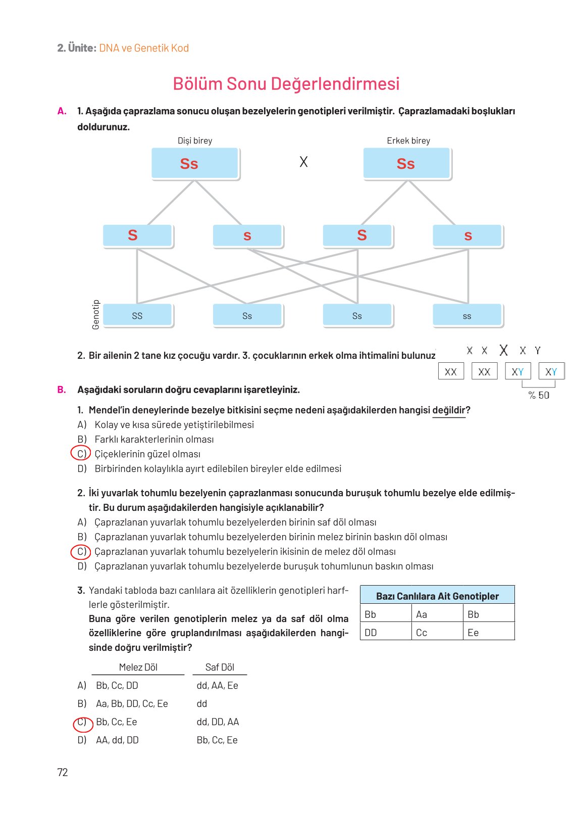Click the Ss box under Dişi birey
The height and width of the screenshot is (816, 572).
point(195,164)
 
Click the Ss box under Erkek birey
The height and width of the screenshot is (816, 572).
point(406,164)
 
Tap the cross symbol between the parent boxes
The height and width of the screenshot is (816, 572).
point(303,162)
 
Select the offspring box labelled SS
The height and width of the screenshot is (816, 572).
point(137,316)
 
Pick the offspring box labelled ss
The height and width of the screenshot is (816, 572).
point(467,316)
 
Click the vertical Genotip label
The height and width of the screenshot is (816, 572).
point(96,315)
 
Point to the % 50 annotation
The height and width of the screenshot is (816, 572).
point(539,395)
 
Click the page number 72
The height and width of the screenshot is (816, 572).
point(63,772)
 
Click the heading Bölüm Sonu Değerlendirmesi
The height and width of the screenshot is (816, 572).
point(286,84)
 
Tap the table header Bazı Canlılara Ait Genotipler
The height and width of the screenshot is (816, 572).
point(437,596)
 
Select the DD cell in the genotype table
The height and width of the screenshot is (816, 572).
point(371,633)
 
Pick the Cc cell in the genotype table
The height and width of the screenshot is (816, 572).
point(422,633)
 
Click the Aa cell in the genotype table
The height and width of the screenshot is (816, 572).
point(422,614)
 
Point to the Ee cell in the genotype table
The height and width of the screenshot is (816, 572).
point(473,633)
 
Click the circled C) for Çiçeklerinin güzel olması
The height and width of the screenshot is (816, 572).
point(81,454)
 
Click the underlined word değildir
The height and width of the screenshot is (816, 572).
point(449,410)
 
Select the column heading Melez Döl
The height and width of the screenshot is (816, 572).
point(138,667)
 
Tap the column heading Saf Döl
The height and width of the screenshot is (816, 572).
point(220,667)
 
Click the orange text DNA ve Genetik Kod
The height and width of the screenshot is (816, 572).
point(144,48)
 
